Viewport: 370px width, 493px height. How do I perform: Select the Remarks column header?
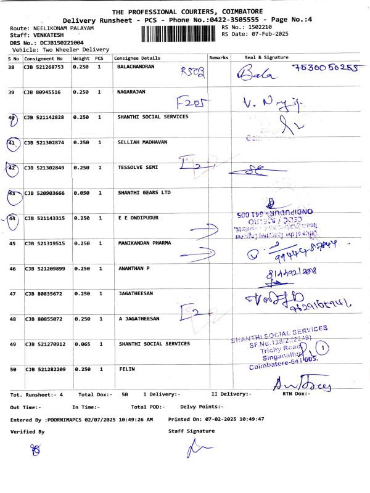(219, 57)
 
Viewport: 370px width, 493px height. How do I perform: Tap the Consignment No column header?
(44, 57)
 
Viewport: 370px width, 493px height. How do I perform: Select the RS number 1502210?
(258, 28)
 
